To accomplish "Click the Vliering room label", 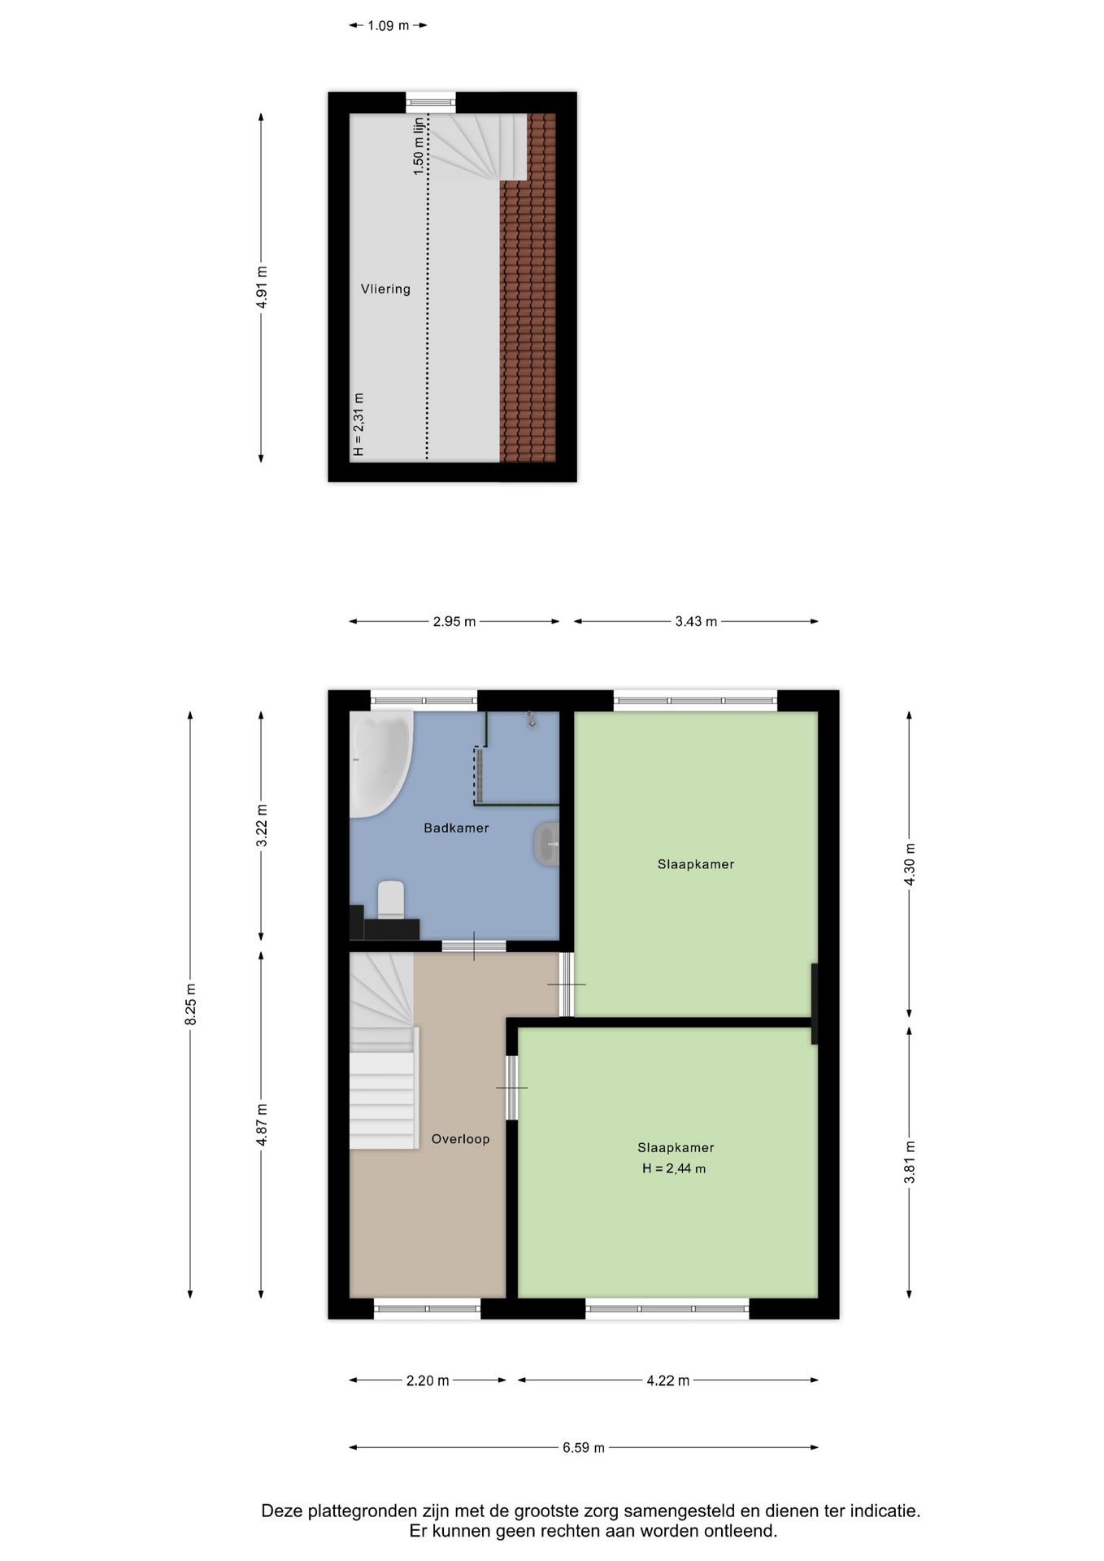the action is (385, 289).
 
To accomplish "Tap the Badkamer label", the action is (456, 828).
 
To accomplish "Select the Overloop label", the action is (460, 1139).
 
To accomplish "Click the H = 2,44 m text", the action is (674, 1168).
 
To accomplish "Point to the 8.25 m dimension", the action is (191, 1004).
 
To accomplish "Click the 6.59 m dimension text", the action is (584, 1447).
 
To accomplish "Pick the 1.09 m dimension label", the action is (389, 25).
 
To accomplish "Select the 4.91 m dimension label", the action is (262, 287).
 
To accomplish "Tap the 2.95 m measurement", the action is (454, 621).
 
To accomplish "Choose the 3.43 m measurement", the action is (696, 621).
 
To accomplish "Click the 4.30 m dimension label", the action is (910, 864).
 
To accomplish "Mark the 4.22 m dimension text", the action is (668, 1381).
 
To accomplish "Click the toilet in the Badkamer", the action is (391, 899).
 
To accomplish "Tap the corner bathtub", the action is (380, 765).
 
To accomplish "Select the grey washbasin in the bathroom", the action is (546, 844).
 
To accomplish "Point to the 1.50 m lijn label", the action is (419, 146).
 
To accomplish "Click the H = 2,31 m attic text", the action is (359, 424).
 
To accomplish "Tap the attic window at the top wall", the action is (430, 102).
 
